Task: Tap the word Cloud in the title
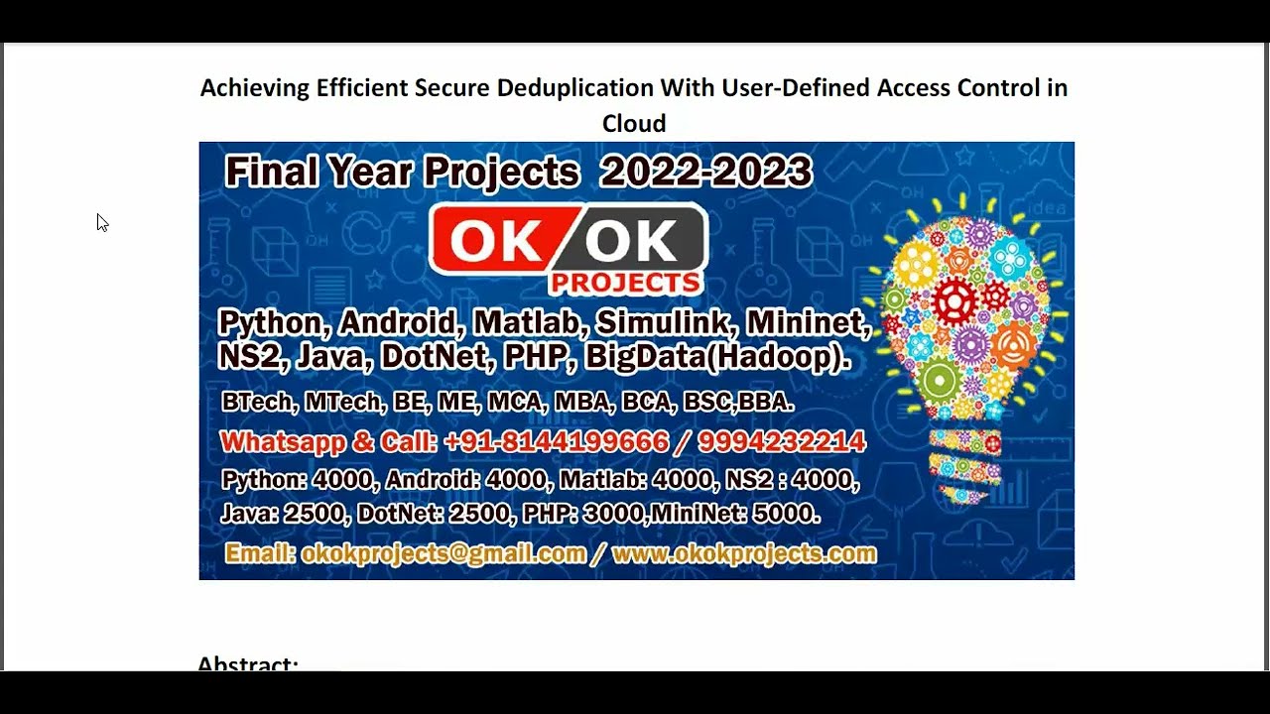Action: [x=634, y=124]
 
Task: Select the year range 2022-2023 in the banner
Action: [x=705, y=173]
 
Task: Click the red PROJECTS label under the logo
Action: [x=625, y=284]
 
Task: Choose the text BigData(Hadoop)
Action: [x=717, y=357]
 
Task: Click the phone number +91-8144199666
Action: [x=556, y=442]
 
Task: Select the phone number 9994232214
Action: [x=782, y=442]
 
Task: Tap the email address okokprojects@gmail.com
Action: [x=444, y=554]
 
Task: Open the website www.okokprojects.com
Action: [x=744, y=554]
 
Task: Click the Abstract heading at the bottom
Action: [x=248, y=663]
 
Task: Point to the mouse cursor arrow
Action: [x=101, y=222]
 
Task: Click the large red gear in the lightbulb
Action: [x=953, y=301]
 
